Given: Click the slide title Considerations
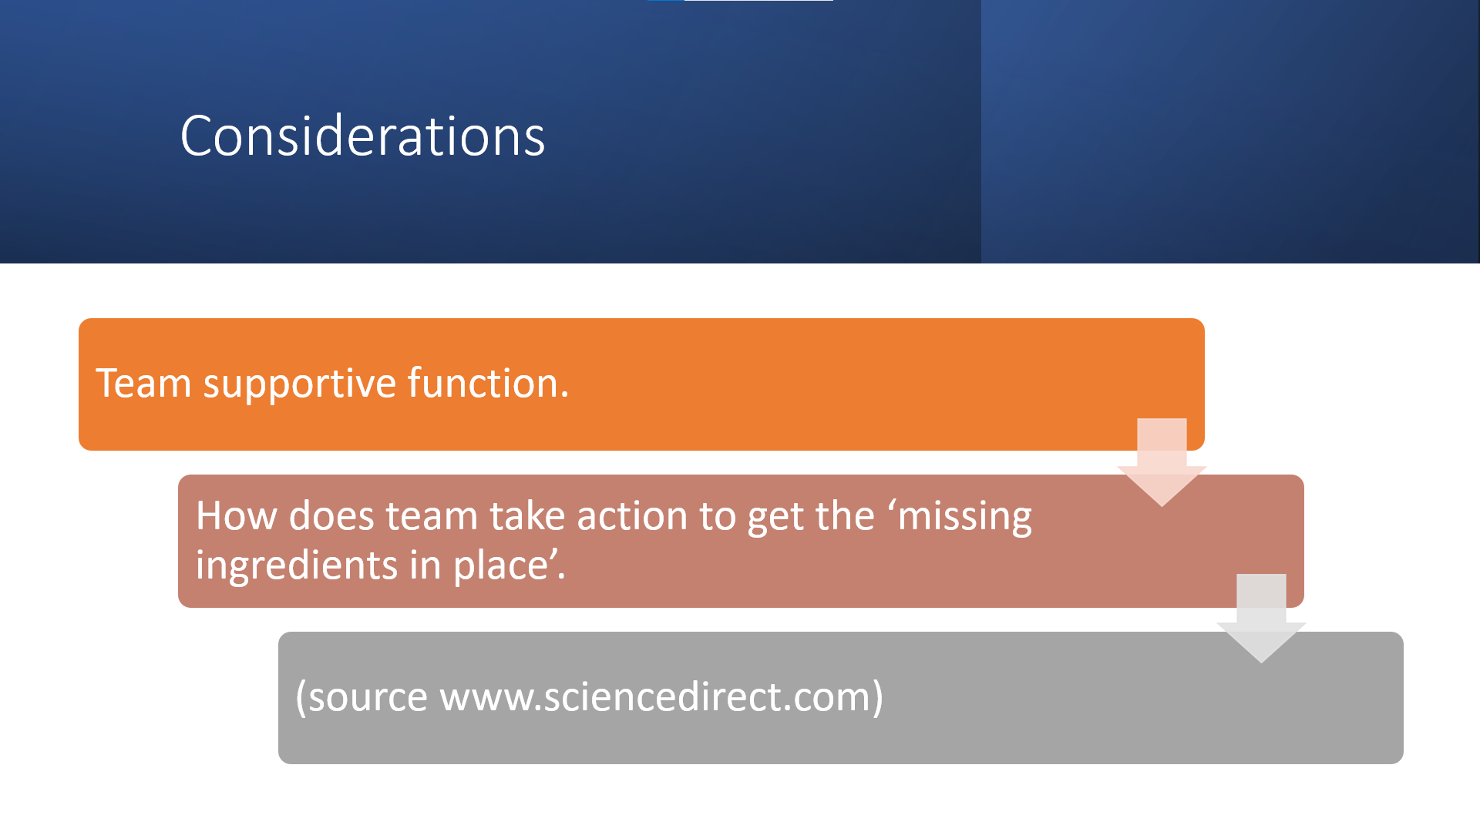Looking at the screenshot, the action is (362, 136).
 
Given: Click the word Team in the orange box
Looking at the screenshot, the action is (143, 383).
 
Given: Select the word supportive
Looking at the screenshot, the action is (300, 384).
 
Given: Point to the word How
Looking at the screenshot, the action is (236, 515).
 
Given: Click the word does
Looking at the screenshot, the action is (331, 515).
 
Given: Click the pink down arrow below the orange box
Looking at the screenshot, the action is (1162, 461).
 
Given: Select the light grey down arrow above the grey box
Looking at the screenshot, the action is (1261, 617).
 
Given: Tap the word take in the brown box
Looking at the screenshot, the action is (527, 515).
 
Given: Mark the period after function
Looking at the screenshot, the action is (565, 395).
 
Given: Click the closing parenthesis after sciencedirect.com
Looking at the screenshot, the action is (878, 697).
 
